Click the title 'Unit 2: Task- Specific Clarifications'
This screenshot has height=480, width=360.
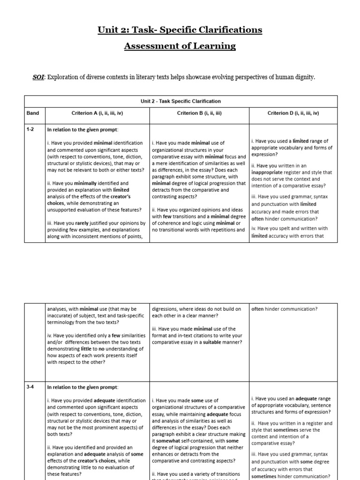tap(180, 30)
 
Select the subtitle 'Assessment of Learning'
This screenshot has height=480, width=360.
tap(180, 46)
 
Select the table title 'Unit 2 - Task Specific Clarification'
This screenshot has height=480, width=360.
tap(180, 101)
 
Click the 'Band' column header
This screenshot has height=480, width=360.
tap(33, 113)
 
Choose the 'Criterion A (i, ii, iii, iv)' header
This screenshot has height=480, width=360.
tap(97, 113)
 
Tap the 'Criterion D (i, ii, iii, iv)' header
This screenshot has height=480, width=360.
tap(293, 113)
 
